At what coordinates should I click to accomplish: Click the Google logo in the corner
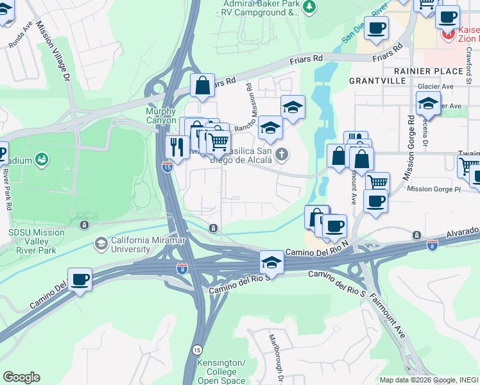click(21, 377)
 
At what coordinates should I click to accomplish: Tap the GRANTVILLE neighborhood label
click(377, 81)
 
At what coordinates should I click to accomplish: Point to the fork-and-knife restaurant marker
click(175, 147)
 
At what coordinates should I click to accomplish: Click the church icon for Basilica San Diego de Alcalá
click(282, 153)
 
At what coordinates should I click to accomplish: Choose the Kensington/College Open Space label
click(221, 372)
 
